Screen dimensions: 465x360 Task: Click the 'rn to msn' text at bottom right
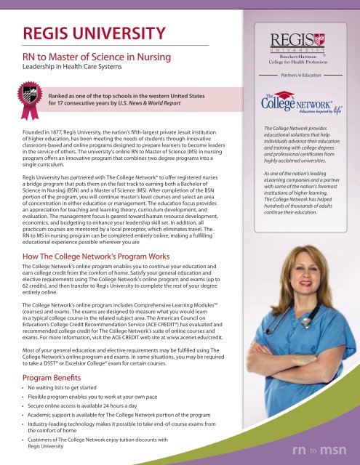point(324,450)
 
